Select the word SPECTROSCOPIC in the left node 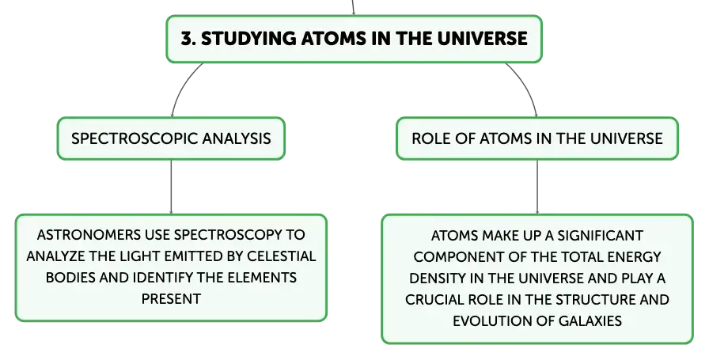[x=135, y=138]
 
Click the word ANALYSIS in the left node [x=237, y=138]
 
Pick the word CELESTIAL [x=281, y=256]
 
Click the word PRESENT [x=171, y=299]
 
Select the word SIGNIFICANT [x=600, y=236]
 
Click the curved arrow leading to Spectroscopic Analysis [x=183, y=86]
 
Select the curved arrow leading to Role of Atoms [x=526, y=86]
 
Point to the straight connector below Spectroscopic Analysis [x=172, y=187]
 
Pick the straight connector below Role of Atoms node [x=537, y=187]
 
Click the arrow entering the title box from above [x=353, y=8]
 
